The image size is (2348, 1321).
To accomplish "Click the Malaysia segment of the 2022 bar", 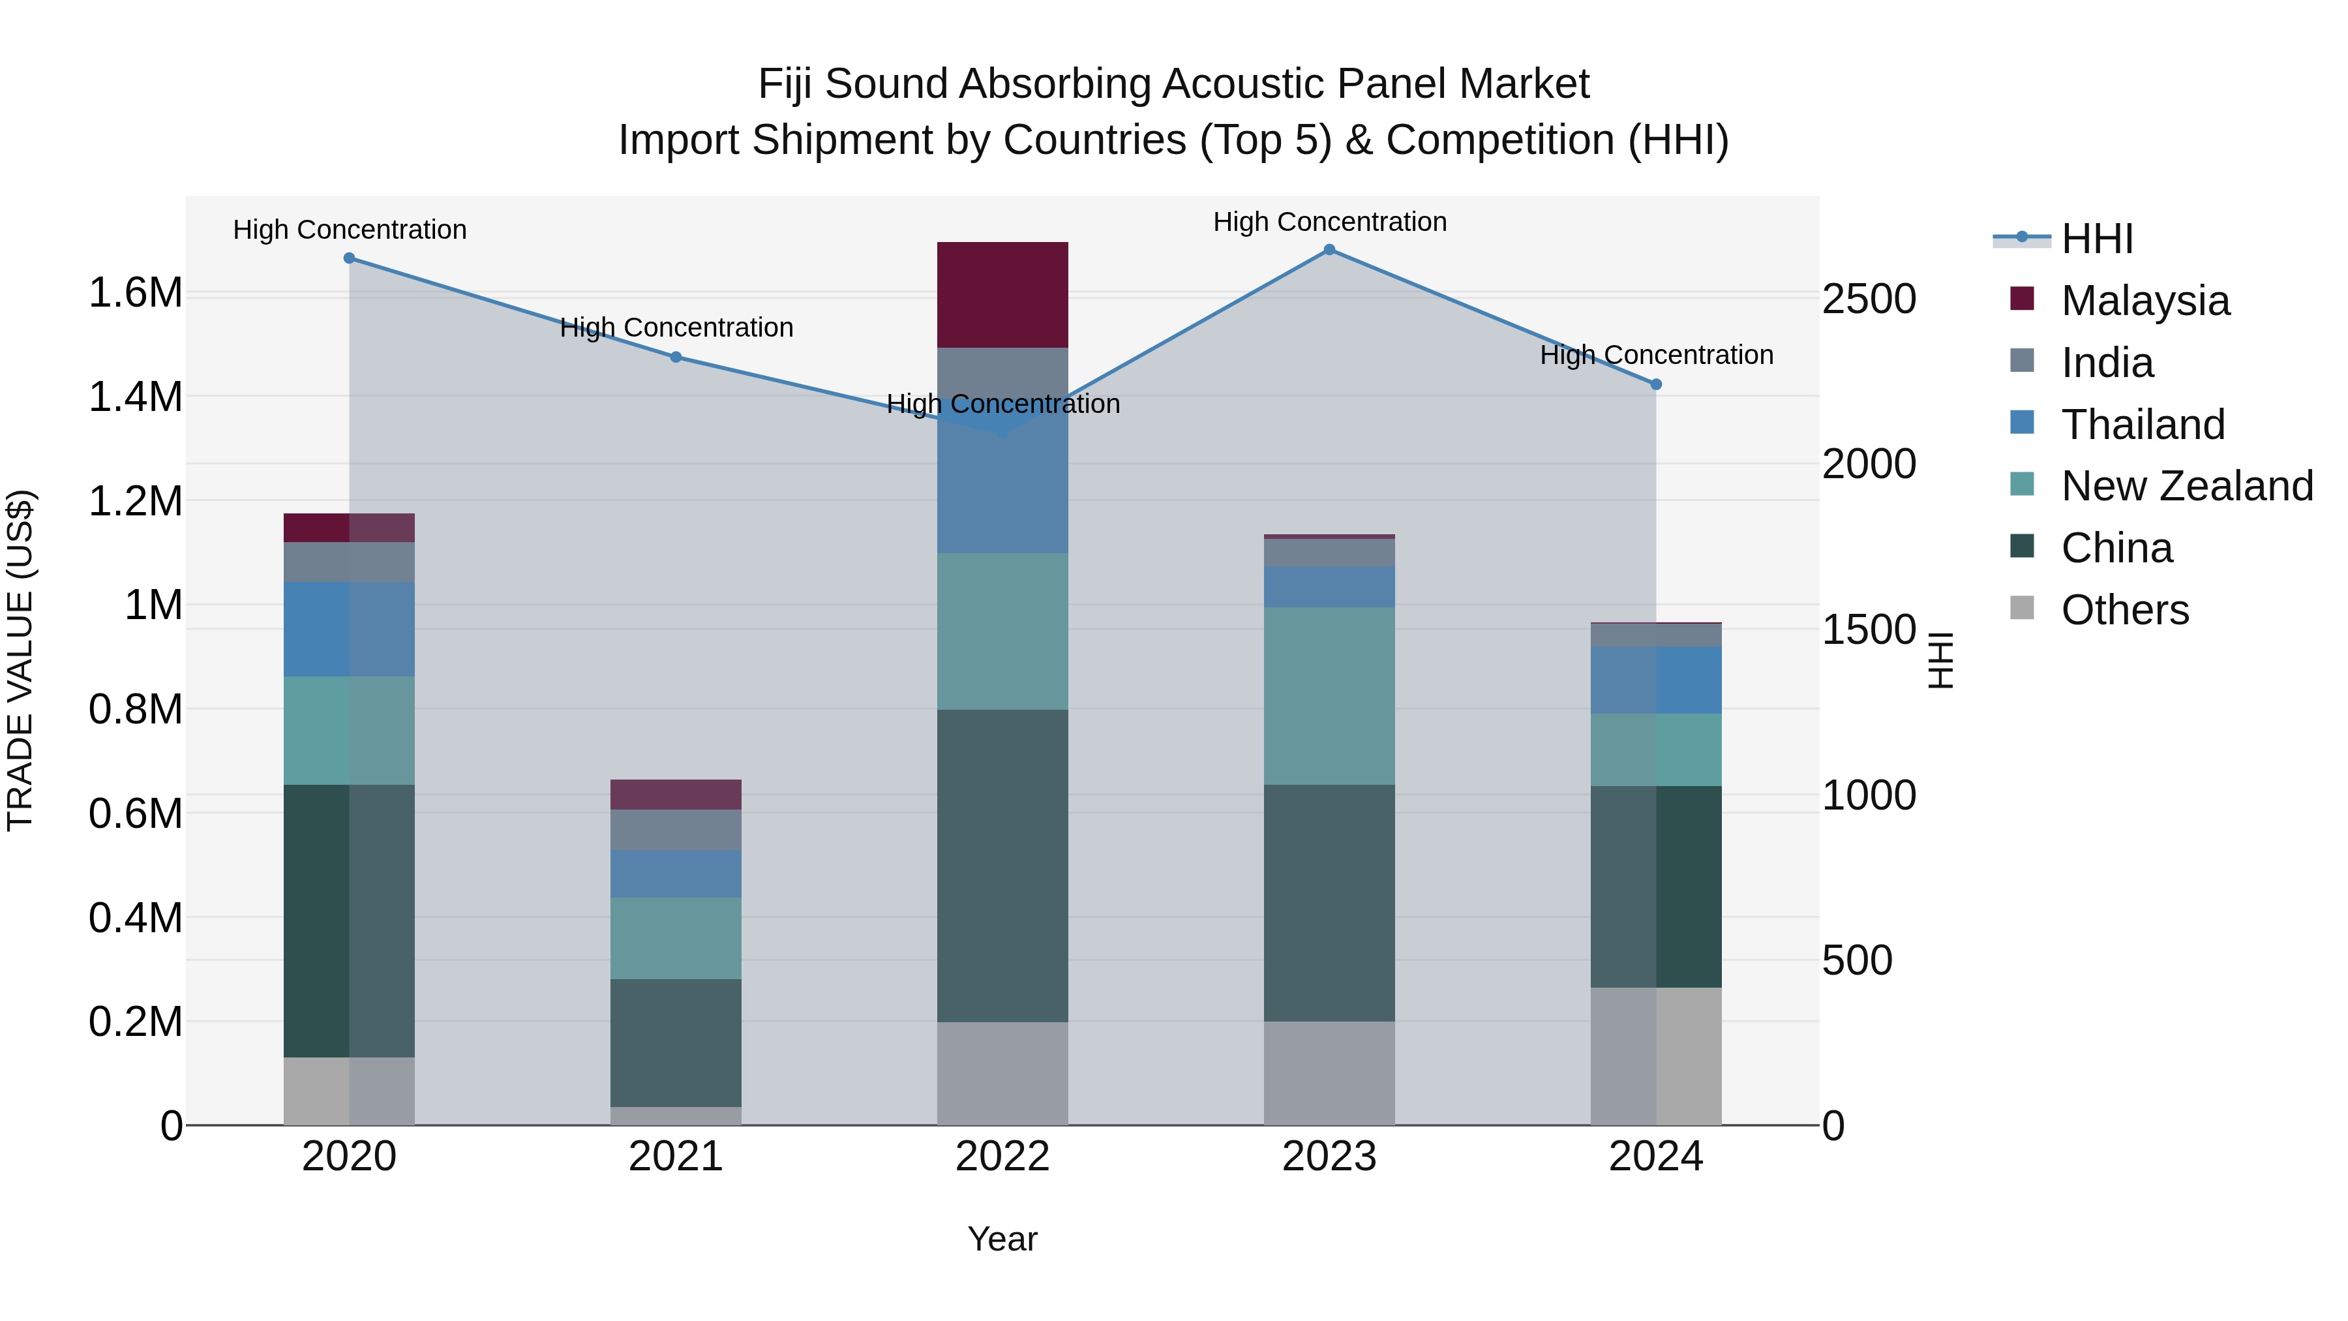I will coord(1002,294).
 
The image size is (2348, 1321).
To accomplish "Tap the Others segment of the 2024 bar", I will coord(1655,1055).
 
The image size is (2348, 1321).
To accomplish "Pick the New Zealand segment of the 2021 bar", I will coord(676,938).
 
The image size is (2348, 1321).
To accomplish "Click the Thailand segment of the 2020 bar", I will coord(348,629).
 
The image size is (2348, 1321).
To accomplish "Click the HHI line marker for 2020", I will coord(349,258).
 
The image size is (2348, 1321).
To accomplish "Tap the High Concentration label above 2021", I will coord(676,327).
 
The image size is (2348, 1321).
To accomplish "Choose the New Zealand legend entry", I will coord(2186,486).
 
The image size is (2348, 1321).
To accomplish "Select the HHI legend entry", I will coord(2096,239).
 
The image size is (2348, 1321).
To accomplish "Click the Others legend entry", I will coord(2124,610).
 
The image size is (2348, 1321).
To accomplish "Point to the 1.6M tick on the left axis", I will coord(135,294).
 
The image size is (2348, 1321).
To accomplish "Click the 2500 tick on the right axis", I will coord(1869,300).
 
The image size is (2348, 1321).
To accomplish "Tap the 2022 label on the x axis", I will coord(1002,1157).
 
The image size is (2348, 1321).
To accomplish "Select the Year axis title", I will coord(1002,1239).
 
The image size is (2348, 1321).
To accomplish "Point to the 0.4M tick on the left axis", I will coord(135,918).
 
